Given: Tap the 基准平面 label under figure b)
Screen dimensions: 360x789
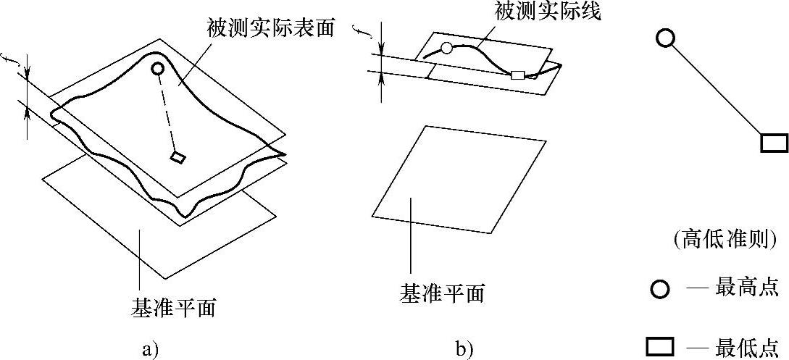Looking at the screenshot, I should click(x=442, y=293).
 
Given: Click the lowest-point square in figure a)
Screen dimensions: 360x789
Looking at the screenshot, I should click(x=178, y=156).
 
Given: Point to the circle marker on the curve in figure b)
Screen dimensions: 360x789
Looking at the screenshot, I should click(x=446, y=49).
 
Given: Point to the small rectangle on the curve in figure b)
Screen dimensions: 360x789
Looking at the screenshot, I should click(x=517, y=74).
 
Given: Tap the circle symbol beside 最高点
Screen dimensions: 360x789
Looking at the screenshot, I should click(x=659, y=290).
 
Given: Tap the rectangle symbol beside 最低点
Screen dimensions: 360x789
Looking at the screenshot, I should click(x=660, y=347).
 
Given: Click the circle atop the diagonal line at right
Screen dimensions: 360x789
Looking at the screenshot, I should click(x=665, y=38).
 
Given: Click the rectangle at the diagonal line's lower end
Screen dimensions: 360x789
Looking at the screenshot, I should click(x=774, y=143).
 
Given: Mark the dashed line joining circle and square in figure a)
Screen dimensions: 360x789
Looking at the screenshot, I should click(x=167, y=114).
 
